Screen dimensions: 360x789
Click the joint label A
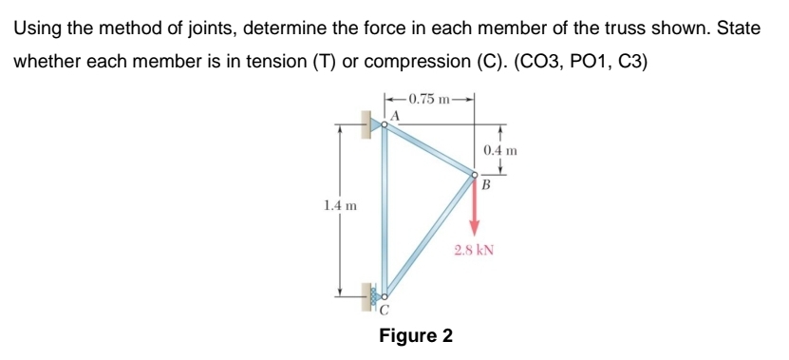(x=396, y=114)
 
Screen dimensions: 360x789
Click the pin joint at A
(x=385, y=123)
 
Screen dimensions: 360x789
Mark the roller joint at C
(x=385, y=295)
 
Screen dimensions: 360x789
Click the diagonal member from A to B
(x=429, y=149)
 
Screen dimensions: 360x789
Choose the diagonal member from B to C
(x=429, y=235)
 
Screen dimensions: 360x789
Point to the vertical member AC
(x=385, y=209)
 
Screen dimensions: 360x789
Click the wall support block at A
(x=366, y=123)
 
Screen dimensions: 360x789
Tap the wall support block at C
(x=366, y=296)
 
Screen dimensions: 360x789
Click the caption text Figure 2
(x=416, y=336)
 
